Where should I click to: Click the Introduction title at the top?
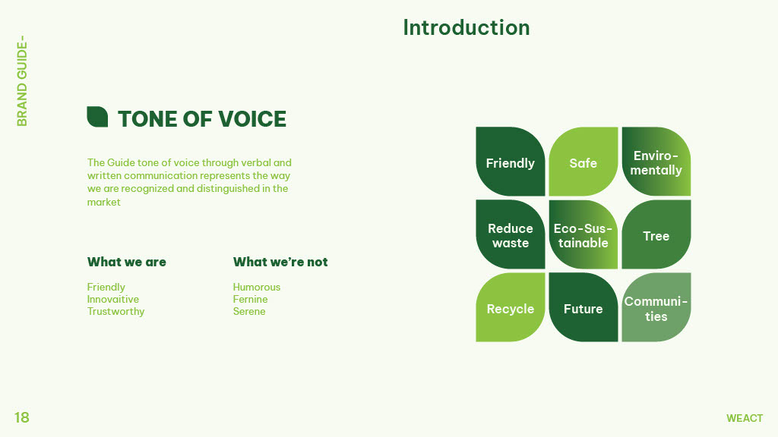coord(466,28)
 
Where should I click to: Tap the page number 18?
coord(22,418)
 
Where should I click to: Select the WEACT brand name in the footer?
coord(745,418)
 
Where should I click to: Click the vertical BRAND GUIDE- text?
coord(22,80)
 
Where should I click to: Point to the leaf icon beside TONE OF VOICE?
coord(97,117)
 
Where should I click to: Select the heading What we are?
coord(127,262)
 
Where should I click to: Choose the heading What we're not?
coord(280,262)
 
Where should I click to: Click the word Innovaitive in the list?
coord(113,299)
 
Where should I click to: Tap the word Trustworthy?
coord(116,312)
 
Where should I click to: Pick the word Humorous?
coord(257,288)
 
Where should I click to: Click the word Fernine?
coord(251,299)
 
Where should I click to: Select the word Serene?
coord(249,312)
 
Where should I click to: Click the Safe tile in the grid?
coord(583,162)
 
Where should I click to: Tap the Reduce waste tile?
coord(511,234)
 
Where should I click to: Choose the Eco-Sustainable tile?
coord(583,234)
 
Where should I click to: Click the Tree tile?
coord(656,234)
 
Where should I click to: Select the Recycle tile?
coord(511,307)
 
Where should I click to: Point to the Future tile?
coord(583,307)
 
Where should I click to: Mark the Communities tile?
coord(656,307)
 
